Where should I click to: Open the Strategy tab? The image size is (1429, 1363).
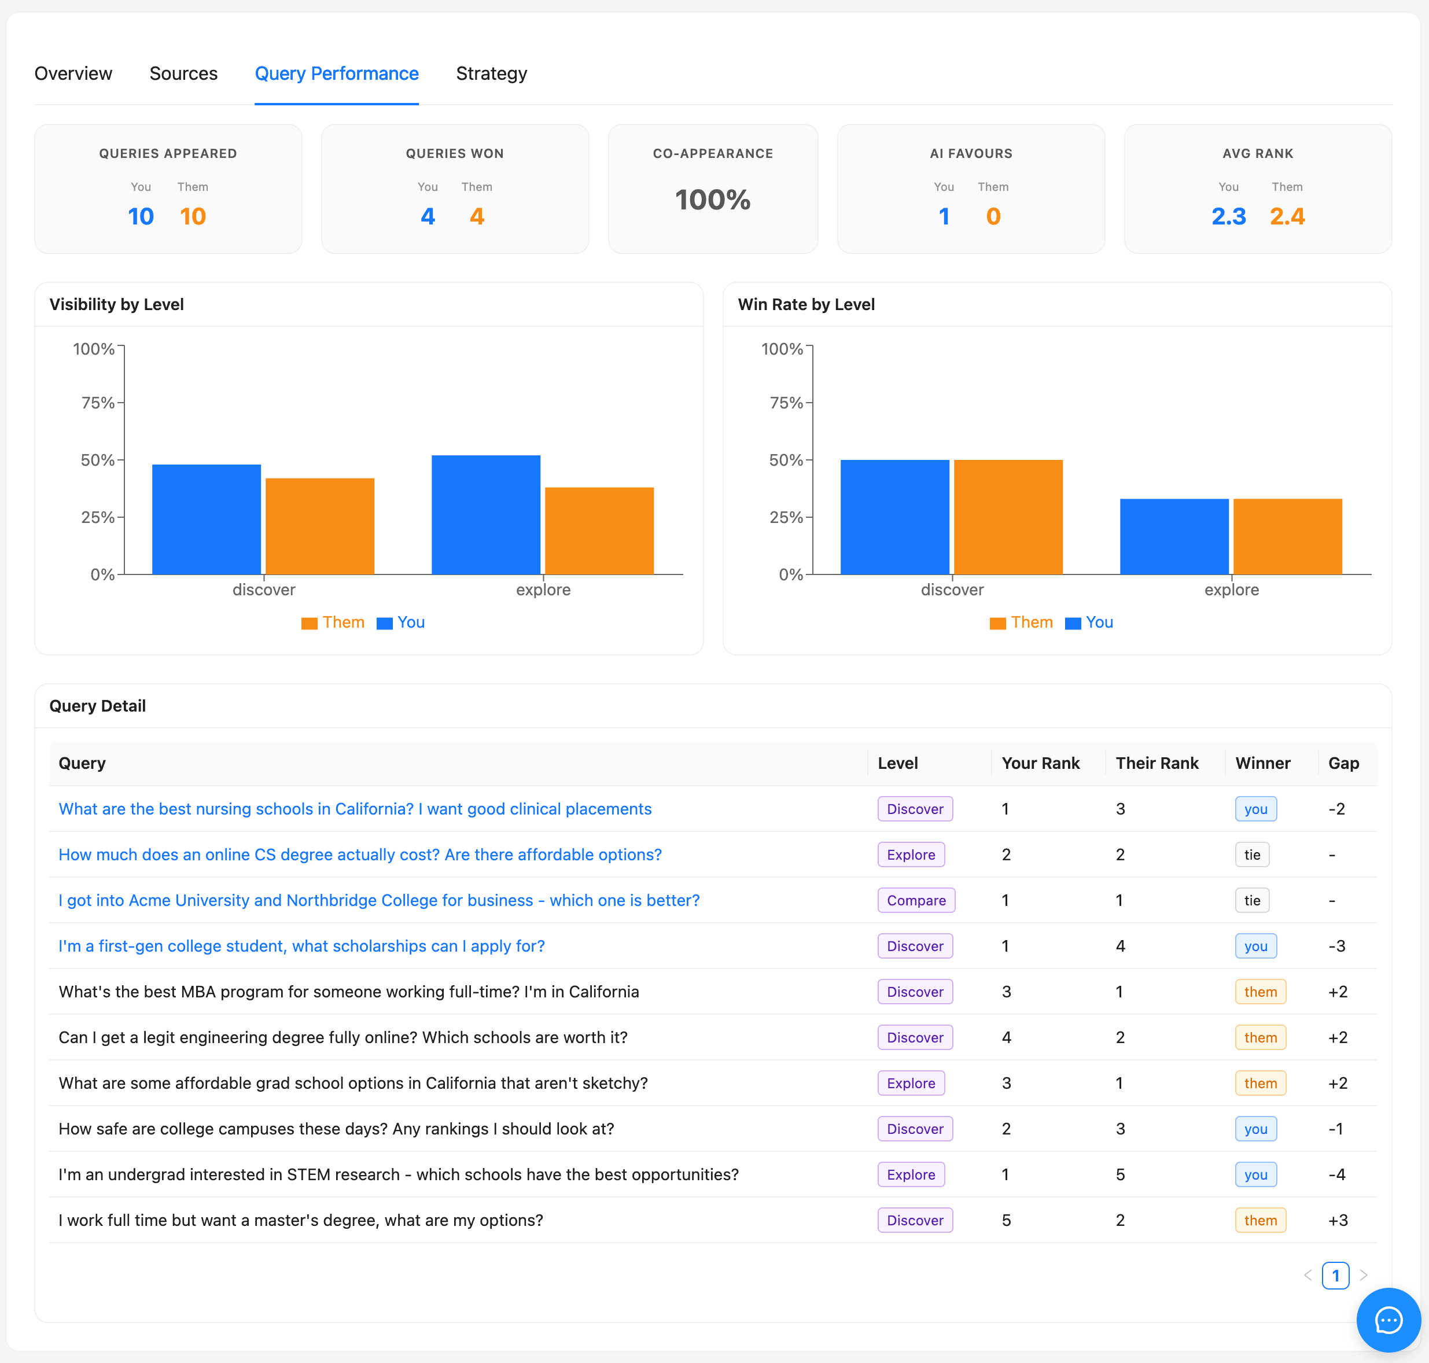point(491,73)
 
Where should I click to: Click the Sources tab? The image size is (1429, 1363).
point(183,73)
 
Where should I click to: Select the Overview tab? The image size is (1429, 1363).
point(73,73)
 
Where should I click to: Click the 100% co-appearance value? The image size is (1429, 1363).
point(712,200)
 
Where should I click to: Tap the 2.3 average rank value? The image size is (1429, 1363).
point(1228,216)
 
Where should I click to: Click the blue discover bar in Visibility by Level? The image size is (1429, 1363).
point(207,519)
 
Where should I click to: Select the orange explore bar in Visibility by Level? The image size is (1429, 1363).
point(599,531)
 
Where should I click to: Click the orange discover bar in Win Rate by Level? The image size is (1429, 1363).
point(1008,517)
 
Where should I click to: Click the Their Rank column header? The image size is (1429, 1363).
point(1157,763)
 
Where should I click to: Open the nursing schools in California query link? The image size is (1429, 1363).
point(355,809)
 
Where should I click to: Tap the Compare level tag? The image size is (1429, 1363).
point(915,900)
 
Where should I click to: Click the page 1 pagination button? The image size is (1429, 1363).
point(1335,1275)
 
